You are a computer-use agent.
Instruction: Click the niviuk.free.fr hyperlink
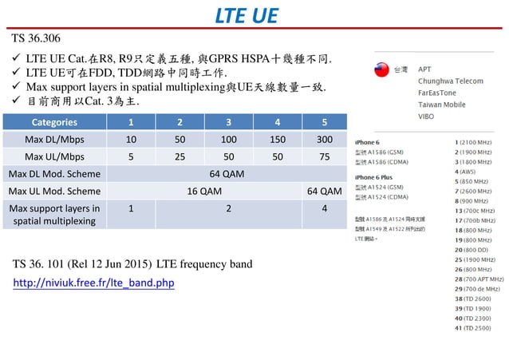[93, 283]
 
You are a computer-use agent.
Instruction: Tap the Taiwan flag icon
[381, 70]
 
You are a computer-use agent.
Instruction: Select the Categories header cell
[55, 123]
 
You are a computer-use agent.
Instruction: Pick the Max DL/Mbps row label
[55, 140]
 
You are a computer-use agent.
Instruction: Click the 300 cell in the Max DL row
[324, 140]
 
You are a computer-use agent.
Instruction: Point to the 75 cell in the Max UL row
[324, 156]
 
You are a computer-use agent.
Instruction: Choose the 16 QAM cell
[204, 192]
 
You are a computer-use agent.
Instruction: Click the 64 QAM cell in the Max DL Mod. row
[226, 174]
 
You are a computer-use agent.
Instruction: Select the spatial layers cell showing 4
[324, 209]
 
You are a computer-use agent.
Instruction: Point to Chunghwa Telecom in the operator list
[451, 81]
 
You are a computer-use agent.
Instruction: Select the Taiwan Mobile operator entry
[442, 104]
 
